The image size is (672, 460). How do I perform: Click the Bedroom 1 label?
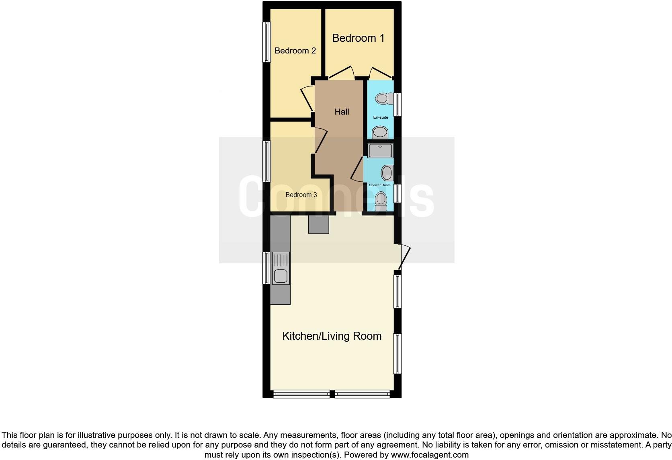pyautogui.click(x=358, y=38)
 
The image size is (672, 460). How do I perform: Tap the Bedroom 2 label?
pyautogui.click(x=295, y=51)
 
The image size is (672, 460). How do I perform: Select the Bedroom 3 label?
pyautogui.click(x=301, y=195)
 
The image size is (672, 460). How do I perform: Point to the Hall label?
pyautogui.click(x=342, y=112)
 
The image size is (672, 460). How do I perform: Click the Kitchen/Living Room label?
pyautogui.click(x=332, y=336)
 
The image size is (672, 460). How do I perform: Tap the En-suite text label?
pyautogui.click(x=381, y=117)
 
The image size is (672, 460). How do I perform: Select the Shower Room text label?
pyautogui.click(x=380, y=185)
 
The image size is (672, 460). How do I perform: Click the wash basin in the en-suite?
pyautogui.click(x=380, y=132)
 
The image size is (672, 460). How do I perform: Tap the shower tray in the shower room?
pyautogui.click(x=380, y=151)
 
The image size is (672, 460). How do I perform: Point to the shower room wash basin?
pyautogui.click(x=387, y=173)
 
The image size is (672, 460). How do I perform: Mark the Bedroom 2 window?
pyautogui.click(x=266, y=42)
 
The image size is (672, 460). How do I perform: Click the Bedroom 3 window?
pyautogui.click(x=266, y=161)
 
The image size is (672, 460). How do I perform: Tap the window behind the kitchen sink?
pyautogui.click(x=266, y=268)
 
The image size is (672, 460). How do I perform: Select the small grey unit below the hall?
pyautogui.click(x=318, y=224)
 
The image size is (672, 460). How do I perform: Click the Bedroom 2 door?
pyautogui.click(x=308, y=99)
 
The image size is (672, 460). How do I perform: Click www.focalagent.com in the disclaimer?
pyautogui.click(x=430, y=455)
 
